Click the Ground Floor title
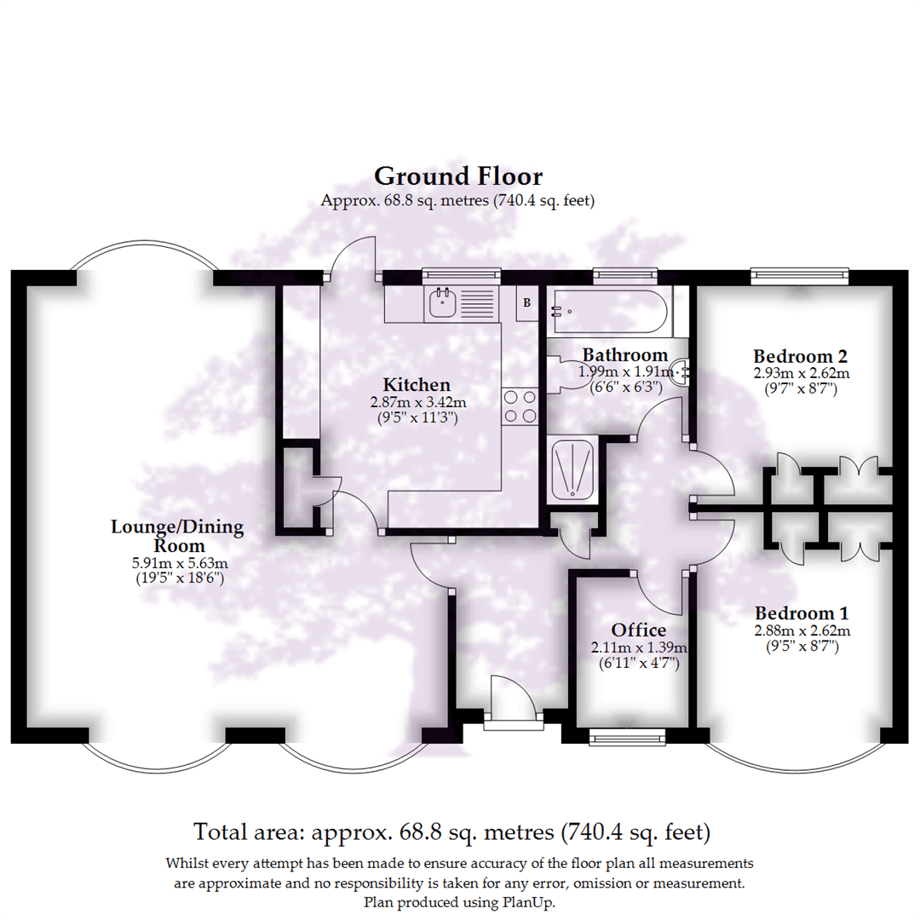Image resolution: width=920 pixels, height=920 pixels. point(458,176)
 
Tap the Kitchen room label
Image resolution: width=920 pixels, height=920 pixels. point(416,384)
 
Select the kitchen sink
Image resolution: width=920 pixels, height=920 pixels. point(442,302)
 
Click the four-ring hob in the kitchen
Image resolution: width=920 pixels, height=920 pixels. point(520,405)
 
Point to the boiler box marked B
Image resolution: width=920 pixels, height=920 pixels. point(526,302)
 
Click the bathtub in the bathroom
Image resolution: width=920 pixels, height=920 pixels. point(608,311)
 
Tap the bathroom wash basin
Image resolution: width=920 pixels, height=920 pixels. point(681,371)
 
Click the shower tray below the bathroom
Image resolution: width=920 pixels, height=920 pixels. point(572,468)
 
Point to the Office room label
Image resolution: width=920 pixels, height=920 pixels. point(639,630)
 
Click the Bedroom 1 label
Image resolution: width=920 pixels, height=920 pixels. point(802,613)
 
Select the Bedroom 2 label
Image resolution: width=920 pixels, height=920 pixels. point(801,356)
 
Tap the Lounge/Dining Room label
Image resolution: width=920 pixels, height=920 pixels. point(177,536)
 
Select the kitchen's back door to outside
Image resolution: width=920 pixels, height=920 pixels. point(354,259)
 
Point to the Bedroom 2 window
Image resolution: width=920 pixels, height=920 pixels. point(800,274)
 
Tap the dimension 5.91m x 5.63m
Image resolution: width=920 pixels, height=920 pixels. point(177,563)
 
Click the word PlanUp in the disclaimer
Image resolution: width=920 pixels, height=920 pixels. point(532,902)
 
